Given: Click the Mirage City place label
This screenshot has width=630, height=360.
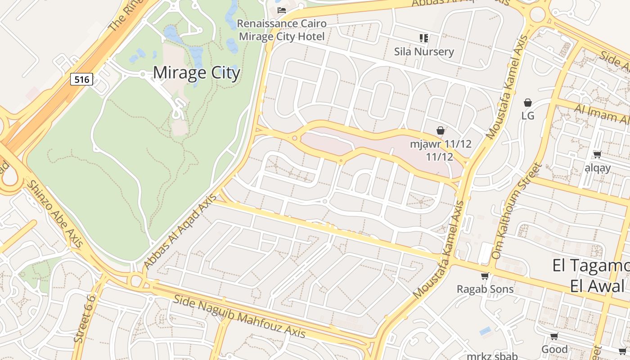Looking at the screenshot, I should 197,73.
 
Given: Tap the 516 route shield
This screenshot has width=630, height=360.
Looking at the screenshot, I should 81,80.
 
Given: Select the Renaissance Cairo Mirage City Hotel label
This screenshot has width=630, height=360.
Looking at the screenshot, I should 282,30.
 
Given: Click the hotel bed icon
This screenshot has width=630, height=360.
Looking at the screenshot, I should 282,10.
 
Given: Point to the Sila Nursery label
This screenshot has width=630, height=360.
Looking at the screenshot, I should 424,51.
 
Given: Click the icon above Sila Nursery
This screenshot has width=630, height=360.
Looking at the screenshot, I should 423,38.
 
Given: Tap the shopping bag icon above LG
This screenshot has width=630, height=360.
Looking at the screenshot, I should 528,103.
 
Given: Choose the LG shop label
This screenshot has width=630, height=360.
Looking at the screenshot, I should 528,116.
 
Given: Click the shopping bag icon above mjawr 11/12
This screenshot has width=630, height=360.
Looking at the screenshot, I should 441,130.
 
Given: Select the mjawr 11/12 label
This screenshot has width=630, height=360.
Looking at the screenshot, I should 441,150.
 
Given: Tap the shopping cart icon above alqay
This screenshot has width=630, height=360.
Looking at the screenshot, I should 597,155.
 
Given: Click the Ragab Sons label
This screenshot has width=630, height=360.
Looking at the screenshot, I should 485,289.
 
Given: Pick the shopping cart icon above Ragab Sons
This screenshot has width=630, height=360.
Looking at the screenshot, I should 485,276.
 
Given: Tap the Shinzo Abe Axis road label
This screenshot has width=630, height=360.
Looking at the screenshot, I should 55,213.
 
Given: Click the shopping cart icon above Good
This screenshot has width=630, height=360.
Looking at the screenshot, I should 554,336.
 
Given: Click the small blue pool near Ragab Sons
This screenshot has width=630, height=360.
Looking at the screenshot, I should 485,331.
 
